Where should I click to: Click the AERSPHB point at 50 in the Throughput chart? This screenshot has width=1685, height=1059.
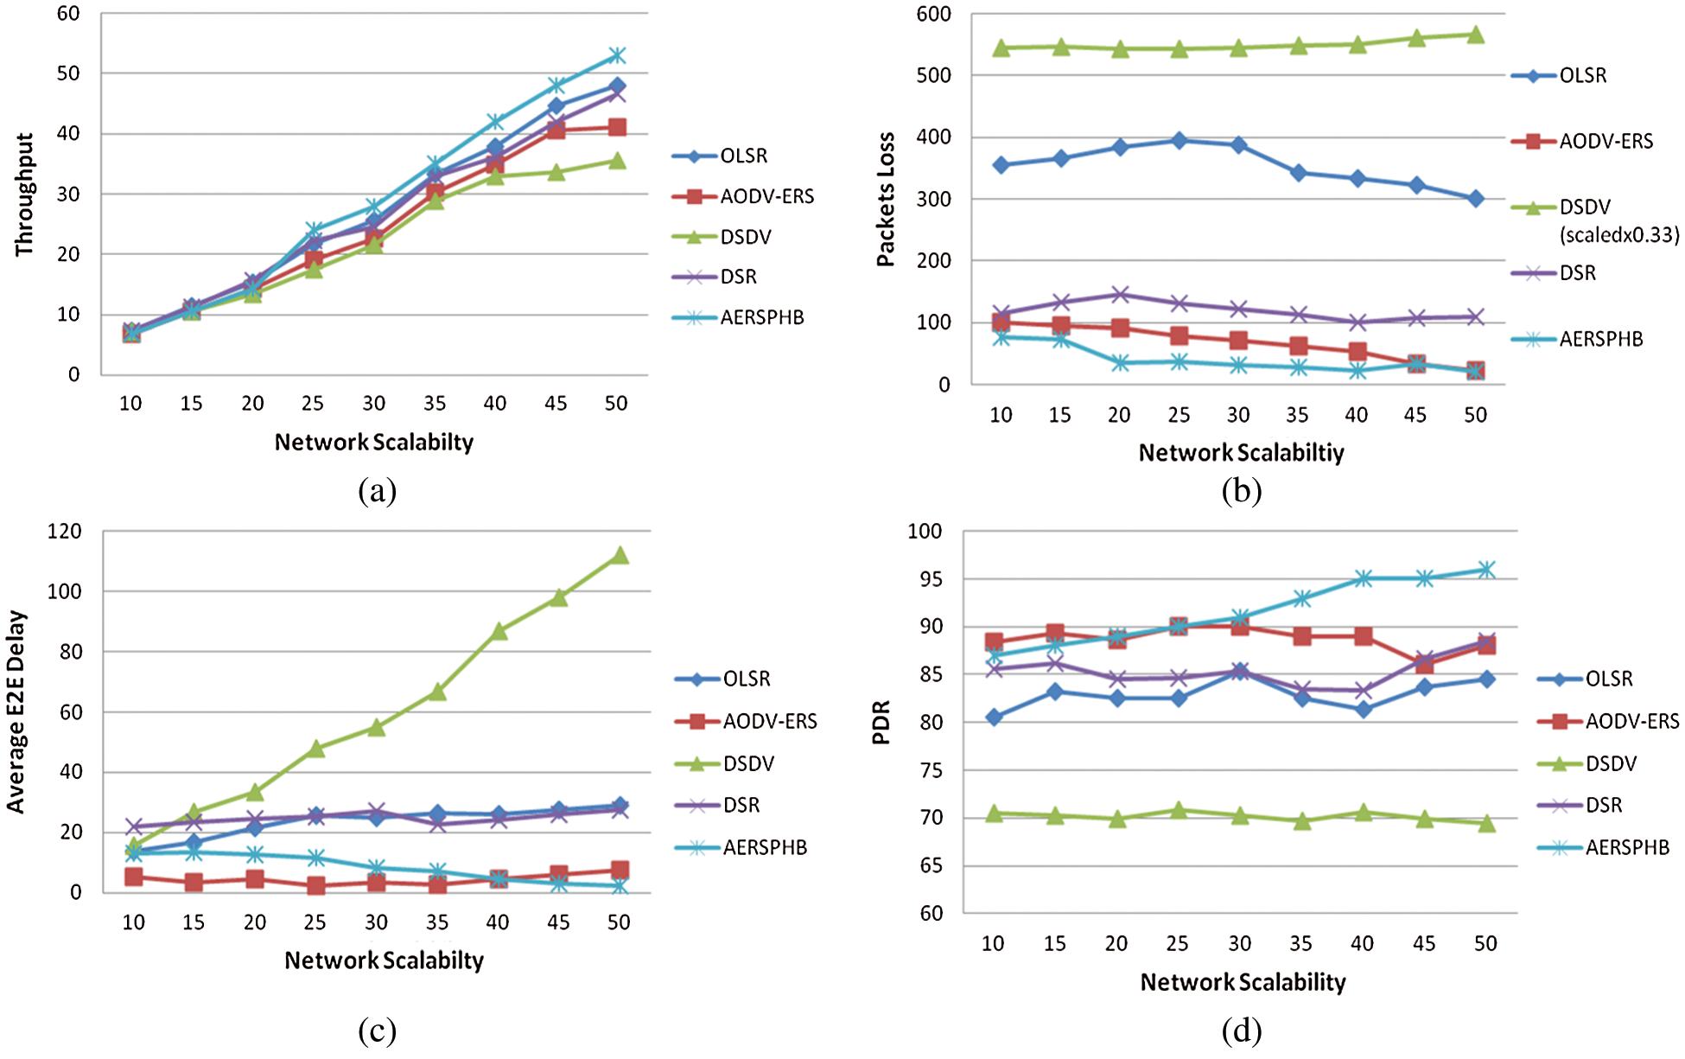tap(617, 55)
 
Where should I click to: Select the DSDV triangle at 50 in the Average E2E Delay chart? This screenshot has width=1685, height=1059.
tap(620, 555)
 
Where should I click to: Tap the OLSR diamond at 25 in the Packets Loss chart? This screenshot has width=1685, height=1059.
tap(1179, 140)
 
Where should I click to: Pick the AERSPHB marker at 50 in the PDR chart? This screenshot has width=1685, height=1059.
tap(1486, 569)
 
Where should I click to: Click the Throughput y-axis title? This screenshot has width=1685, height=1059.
tap(24, 195)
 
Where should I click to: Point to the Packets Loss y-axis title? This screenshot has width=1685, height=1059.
tap(886, 200)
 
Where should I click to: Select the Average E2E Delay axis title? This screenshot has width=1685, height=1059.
tap(16, 711)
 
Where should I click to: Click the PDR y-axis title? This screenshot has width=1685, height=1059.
tap(881, 723)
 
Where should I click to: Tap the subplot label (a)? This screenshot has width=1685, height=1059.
tap(377, 491)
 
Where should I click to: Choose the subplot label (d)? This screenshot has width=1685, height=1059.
tap(1242, 1030)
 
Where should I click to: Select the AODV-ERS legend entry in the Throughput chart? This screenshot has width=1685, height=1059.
tap(766, 196)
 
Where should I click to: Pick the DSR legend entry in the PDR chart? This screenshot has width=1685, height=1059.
tap(1604, 805)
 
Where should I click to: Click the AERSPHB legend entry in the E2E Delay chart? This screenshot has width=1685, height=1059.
tap(765, 847)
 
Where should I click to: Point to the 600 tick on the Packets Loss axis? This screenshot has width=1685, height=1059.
tap(934, 14)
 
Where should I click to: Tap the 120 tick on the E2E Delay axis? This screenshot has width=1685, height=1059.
tap(65, 531)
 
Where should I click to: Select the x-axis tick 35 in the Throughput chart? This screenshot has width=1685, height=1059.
tap(435, 403)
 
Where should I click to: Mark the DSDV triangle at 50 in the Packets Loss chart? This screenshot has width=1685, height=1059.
tap(1476, 35)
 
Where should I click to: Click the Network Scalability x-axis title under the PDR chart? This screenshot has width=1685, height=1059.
tap(1243, 982)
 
